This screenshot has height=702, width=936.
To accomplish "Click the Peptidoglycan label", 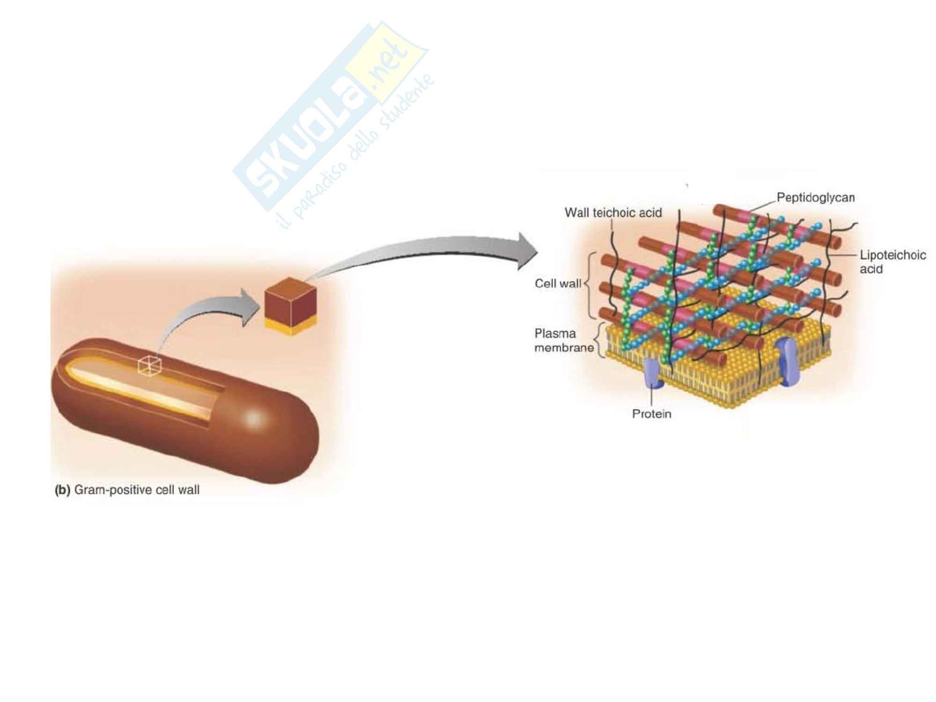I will (x=816, y=197).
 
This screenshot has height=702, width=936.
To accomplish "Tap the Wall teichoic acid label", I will (x=613, y=213).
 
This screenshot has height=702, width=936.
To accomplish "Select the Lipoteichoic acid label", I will (x=892, y=262).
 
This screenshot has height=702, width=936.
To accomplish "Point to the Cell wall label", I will (x=558, y=284).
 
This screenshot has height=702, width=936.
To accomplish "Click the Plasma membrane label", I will (x=563, y=341).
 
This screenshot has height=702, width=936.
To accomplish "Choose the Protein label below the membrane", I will (x=651, y=414).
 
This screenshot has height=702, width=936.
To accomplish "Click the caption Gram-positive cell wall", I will (x=137, y=490).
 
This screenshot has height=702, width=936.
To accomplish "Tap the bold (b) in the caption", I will (x=62, y=490).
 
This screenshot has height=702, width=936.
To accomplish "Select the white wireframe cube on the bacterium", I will (x=149, y=365).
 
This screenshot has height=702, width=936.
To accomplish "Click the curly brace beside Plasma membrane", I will (x=599, y=341).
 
